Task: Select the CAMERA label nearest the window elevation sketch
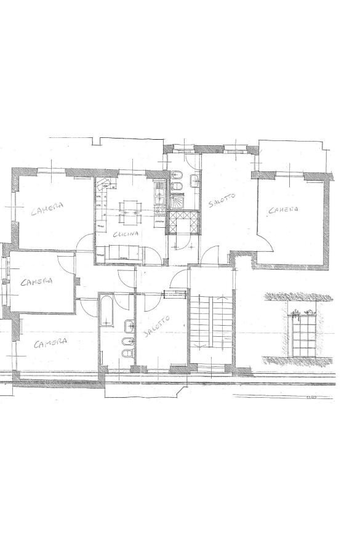click(284, 210)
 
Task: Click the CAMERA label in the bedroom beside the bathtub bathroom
click(50, 342)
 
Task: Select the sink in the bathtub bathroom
click(127, 327)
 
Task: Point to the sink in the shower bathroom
click(194, 180)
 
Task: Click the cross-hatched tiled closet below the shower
click(183, 222)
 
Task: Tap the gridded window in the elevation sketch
click(303, 336)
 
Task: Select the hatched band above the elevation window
click(300, 297)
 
